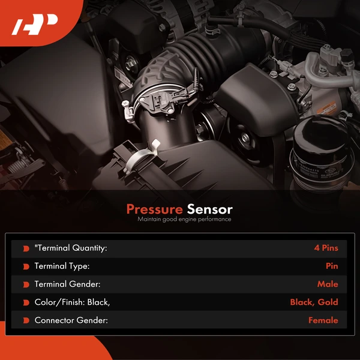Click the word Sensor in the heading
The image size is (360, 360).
(x=210, y=209)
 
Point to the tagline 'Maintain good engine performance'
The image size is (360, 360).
(x=184, y=220)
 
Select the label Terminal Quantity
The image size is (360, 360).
(x=71, y=248)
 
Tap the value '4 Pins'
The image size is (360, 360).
(x=326, y=248)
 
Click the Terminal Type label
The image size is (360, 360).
(x=62, y=266)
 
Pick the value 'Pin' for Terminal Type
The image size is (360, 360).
(x=332, y=266)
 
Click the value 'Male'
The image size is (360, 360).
(x=328, y=284)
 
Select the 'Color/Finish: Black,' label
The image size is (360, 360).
(x=72, y=302)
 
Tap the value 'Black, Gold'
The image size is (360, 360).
(x=314, y=302)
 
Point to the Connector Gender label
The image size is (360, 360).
(x=71, y=320)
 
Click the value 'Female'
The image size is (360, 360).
(x=323, y=320)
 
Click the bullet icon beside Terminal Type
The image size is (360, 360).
(x=26, y=266)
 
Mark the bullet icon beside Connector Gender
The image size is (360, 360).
(x=26, y=320)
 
